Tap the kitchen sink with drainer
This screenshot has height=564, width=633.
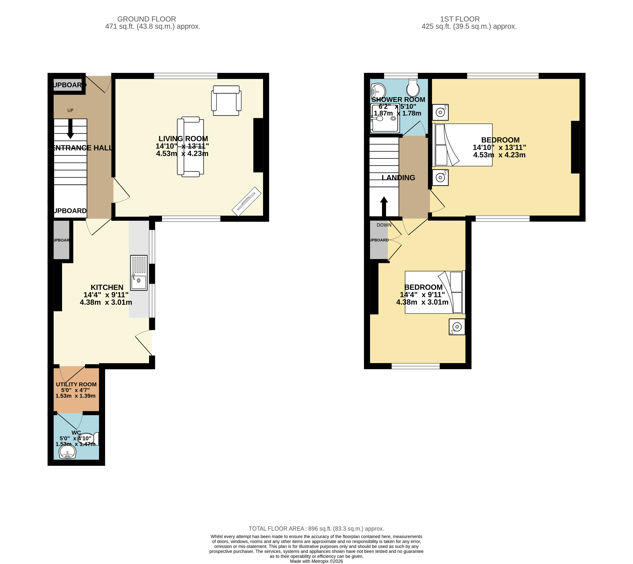point(139,273)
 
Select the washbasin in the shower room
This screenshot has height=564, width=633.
point(378,91)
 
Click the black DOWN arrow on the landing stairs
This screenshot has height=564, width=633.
point(384,206)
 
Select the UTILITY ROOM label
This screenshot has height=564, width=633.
point(76,384)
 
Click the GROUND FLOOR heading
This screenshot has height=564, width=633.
point(147,19)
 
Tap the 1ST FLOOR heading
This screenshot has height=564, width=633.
point(460,19)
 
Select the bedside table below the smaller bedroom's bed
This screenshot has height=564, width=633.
point(457,327)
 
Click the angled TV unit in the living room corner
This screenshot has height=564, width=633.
point(247,201)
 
